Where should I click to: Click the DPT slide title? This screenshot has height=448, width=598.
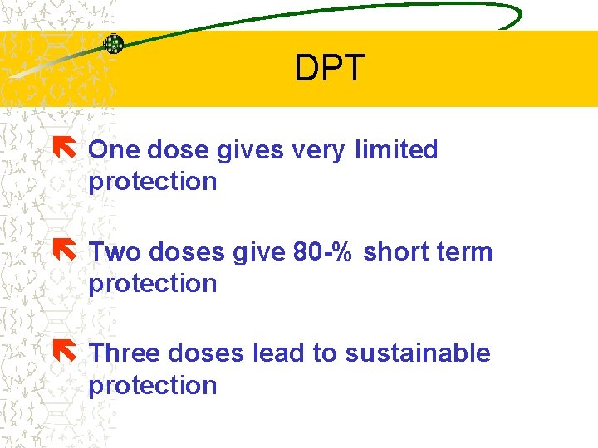click(x=329, y=69)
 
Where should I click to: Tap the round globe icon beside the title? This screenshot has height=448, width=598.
click(x=114, y=44)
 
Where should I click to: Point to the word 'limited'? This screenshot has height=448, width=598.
click(x=395, y=150)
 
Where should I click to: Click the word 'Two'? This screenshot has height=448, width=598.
click(x=112, y=251)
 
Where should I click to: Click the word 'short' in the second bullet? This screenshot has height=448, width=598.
click(x=394, y=251)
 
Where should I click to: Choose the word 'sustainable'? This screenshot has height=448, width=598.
click(x=417, y=353)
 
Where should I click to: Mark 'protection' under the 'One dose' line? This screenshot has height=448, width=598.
click(x=152, y=182)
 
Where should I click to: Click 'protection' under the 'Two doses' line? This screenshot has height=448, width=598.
click(x=152, y=284)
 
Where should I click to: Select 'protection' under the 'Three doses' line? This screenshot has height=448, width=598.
click(x=152, y=386)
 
